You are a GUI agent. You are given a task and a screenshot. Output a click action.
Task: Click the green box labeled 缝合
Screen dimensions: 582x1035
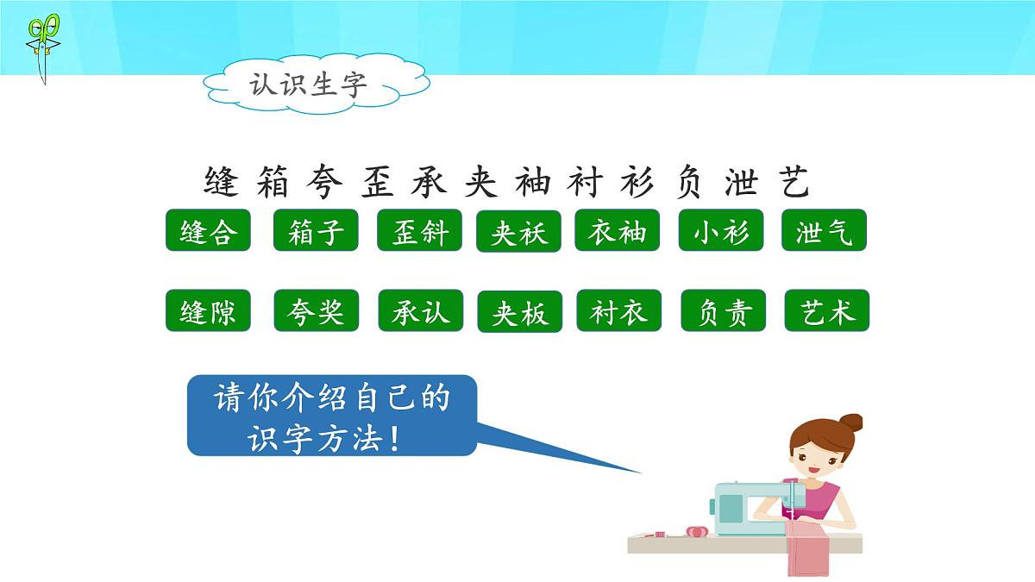click(x=208, y=230)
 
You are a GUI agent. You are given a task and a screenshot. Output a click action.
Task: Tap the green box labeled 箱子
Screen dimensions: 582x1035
click(x=316, y=230)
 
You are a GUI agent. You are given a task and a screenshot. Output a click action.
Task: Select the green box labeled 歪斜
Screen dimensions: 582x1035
click(x=419, y=230)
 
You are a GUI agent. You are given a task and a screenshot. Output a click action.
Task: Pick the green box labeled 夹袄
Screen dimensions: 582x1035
click(x=518, y=231)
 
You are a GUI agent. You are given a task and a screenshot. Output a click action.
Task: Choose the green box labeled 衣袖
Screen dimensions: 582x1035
click(x=618, y=230)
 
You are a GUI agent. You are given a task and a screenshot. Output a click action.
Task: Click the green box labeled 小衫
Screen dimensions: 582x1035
click(x=721, y=230)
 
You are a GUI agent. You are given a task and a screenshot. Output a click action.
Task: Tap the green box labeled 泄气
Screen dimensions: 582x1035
click(x=824, y=230)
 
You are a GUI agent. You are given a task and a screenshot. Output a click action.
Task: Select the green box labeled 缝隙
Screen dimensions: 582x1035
click(x=208, y=310)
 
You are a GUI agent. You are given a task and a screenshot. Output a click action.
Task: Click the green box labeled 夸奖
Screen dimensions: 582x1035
click(x=316, y=310)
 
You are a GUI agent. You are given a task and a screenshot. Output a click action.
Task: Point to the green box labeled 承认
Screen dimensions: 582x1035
click(x=420, y=310)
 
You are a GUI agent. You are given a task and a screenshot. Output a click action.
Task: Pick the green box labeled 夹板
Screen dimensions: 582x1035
click(x=519, y=311)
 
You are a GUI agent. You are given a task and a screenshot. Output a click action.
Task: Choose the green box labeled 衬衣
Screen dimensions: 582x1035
click(x=618, y=310)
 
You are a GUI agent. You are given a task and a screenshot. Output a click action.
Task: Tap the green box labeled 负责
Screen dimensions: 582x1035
click(x=723, y=310)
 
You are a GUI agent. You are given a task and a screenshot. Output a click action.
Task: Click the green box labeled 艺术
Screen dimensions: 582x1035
click(x=826, y=310)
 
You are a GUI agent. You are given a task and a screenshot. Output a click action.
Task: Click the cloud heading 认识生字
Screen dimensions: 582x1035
click(x=310, y=84)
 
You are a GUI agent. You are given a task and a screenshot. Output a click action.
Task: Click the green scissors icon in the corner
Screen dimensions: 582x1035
click(x=42, y=47)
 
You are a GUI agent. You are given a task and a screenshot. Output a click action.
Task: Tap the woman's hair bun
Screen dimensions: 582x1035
click(x=851, y=422)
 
